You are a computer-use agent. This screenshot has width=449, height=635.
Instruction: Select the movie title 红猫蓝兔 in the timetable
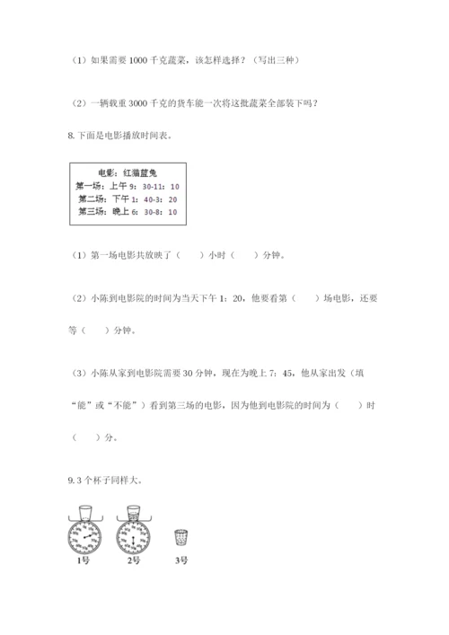[139, 172]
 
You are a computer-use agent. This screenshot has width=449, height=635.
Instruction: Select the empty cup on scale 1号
[85, 512]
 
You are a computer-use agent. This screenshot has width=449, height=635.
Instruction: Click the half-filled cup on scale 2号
[133, 512]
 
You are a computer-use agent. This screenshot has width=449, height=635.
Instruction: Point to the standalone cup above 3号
[182, 537]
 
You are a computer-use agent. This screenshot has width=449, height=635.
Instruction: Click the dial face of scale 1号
[85, 538]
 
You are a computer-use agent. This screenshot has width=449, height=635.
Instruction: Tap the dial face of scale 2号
[133, 538]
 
